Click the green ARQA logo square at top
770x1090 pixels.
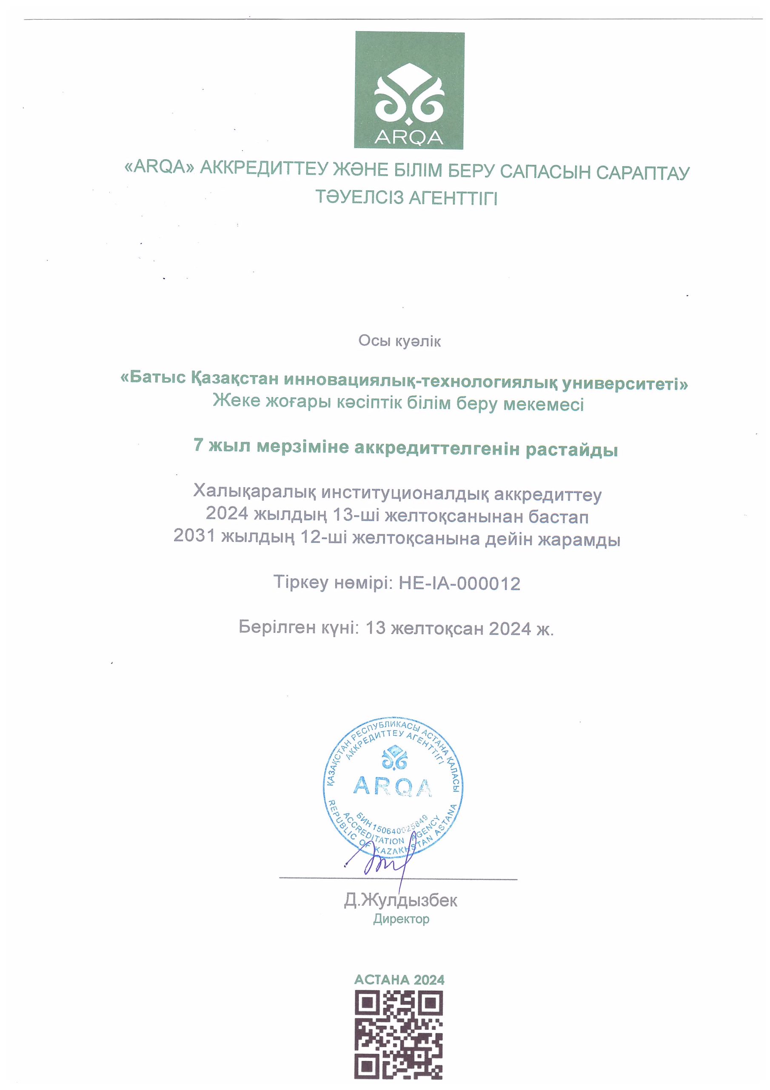coord(409,90)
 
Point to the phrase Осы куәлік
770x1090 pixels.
coord(399,341)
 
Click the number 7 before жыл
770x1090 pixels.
coord(198,446)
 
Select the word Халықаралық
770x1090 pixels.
coord(254,491)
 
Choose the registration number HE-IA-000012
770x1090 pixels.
coord(459,583)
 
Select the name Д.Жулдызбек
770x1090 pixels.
coord(400,900)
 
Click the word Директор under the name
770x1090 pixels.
coord(401,919)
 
